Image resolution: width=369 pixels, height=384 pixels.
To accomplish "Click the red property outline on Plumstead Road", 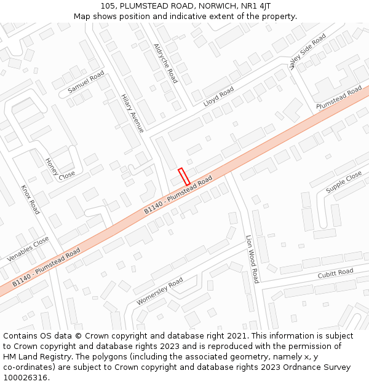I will tap(184, 176).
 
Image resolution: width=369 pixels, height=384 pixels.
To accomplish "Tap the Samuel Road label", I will tap(86, 83).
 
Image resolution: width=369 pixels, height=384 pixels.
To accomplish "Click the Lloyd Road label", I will tap(218, 97).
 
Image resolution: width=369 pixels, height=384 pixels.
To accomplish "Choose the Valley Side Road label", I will tap(307, 52).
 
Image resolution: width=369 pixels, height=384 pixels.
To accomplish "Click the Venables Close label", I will tap(28, 249).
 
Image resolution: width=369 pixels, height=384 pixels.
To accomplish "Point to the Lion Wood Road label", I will tap(252, 258).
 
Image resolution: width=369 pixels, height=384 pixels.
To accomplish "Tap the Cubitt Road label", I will tap(335, 273).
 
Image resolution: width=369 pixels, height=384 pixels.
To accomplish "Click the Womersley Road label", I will tap(160, 291).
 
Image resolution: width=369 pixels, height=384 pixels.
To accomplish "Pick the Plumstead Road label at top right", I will tap(339, 99).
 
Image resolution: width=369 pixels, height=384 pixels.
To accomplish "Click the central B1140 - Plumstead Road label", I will tap(178, 195).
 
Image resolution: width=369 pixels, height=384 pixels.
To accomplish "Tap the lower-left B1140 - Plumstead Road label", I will tap(46, 268).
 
